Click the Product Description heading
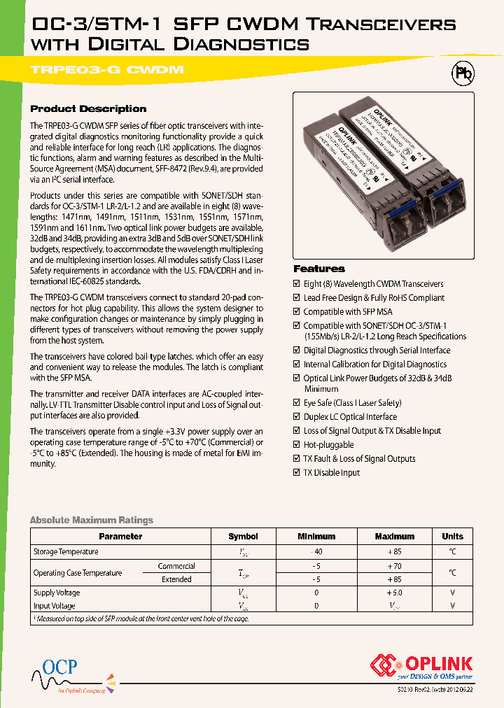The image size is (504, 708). coord(88,109)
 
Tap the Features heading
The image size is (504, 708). coord(318,269)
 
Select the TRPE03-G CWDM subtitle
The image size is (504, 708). coord(106,70)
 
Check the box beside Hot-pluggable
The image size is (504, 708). coord(297,445)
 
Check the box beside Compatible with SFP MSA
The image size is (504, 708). coord(297,312)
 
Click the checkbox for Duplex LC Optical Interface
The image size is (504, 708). coord(297,417)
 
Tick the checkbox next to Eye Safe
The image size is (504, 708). coord(297,403)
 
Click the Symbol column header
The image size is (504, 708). coord(243,537)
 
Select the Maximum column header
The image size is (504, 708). coord(395,537)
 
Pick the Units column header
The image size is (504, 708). coord(452,537)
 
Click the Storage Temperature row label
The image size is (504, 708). coord(66,552)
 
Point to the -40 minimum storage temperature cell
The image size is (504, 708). coord(316,552)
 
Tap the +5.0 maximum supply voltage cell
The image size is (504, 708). coord(395,593)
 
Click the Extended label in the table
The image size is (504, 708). coord(176,579)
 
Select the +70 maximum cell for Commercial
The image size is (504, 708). coord(395,566)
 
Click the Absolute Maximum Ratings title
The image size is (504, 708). coord(91,520)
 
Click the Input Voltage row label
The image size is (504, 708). coord(55,606)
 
